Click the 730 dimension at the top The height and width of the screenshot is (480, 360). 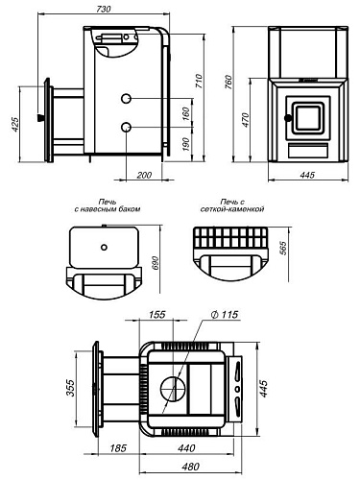coord(104,9)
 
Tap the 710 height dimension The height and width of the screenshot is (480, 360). coord(199,82)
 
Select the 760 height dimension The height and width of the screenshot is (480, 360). coord(228,82)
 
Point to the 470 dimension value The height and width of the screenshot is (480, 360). coord(246,119)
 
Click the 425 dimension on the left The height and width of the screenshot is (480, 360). coord(14,124)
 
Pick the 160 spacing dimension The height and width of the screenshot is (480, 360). coord(185,113)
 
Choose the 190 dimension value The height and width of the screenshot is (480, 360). coord(185,144)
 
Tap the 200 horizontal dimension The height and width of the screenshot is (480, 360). coord(144,175)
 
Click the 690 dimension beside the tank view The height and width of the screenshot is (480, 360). coord(155,263)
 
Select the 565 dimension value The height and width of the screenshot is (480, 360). coord(283,248)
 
